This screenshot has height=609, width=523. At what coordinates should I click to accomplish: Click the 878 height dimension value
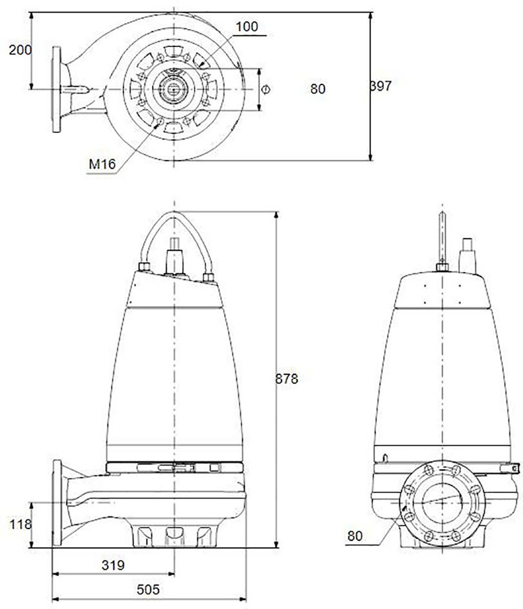(287, 378)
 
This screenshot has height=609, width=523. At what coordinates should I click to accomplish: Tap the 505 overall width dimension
(148, 590)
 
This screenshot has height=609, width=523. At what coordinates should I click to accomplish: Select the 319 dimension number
(113, 565)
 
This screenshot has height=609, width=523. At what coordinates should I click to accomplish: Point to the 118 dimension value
(20, 525)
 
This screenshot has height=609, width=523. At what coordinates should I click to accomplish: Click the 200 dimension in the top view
(20, 50)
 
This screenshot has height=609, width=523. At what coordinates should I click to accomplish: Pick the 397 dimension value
(381, 86)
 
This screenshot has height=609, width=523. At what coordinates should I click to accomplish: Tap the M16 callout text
(102, 164)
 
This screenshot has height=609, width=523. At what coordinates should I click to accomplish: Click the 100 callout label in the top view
(247, 26)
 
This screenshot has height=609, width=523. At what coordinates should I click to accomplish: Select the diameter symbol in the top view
(265, 90)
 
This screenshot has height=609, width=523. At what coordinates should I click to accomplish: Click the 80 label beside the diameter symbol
(318, 89)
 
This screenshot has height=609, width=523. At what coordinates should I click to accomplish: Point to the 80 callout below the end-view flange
(355, 536)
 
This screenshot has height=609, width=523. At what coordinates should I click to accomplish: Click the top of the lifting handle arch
(174, 212)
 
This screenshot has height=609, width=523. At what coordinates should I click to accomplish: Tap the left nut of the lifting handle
(144, 266)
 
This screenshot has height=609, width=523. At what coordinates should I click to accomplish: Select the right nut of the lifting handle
(209, 277)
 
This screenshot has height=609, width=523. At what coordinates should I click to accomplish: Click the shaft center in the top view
(173, 90)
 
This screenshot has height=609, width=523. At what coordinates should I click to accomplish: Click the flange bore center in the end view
(442, 503)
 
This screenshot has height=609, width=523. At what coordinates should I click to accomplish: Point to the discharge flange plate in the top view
(57, 90)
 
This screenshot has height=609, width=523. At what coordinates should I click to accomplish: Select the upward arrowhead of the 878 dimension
(276, 215)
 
